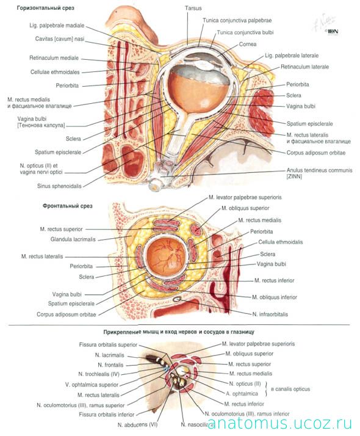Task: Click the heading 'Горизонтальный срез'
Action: [x=46, y=8]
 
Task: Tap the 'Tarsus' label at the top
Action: [x=193, y=9]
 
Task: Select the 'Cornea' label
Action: [x=248, y=44]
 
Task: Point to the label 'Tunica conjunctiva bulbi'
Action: [x=245, y=32]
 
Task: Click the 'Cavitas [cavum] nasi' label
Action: [x=60, y=39]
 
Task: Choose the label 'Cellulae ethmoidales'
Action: [x=55, y=72]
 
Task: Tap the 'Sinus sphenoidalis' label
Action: [x=59, y=186]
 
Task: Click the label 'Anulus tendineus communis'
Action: [x=320, y=170]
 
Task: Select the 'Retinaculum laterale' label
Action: [x=304, y=67]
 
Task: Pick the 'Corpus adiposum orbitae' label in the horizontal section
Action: [x=316, y=153]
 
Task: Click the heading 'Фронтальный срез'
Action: [x=68, y=206]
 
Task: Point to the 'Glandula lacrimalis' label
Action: [x=73, y=239]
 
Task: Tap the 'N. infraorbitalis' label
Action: [x=270, y=314]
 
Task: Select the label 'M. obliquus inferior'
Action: [x=275, y=297]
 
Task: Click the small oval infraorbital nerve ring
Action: [x=178, y=299]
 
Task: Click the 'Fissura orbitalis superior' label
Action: [x=109, y=345]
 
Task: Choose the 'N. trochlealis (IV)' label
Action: [x=99, y=374]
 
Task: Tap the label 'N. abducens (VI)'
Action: [x=137, y=425]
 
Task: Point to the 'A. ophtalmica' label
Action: [x=242, y=394]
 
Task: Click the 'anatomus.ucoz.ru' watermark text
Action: [x=279, y=424]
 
